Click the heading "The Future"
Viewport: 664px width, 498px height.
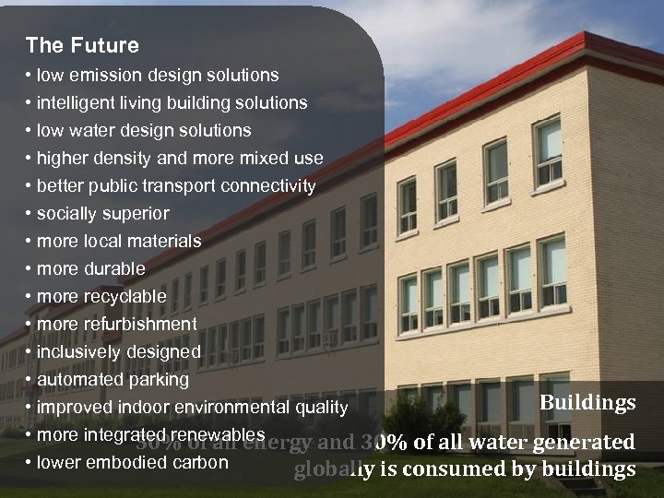point(82,45)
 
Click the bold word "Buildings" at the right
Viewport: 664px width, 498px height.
point(587,403)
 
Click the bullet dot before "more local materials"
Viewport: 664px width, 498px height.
point(30,241)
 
